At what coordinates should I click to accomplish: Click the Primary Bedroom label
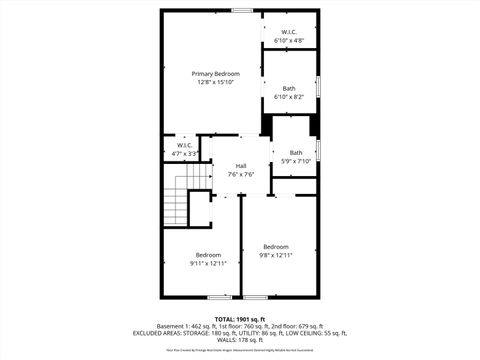point(215,74)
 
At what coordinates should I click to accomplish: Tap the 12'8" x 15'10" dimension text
point(215,83)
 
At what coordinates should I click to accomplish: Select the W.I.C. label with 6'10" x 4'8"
point(289,32)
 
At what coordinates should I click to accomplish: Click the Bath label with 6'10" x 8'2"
point(289,88)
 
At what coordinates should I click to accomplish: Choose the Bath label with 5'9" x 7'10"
point(296,153)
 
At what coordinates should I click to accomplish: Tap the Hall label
point(241,166)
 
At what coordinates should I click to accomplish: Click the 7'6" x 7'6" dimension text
point(241,175)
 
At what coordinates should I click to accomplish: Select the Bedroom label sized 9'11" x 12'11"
point(208,254)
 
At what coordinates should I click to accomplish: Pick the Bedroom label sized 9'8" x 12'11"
point(276,247)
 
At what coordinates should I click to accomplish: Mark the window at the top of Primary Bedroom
point(242,10)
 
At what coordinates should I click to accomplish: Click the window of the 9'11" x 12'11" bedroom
point(222,297)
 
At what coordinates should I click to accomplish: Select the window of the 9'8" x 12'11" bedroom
point(256,297)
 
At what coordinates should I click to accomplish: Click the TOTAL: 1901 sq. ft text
point(240,318)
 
